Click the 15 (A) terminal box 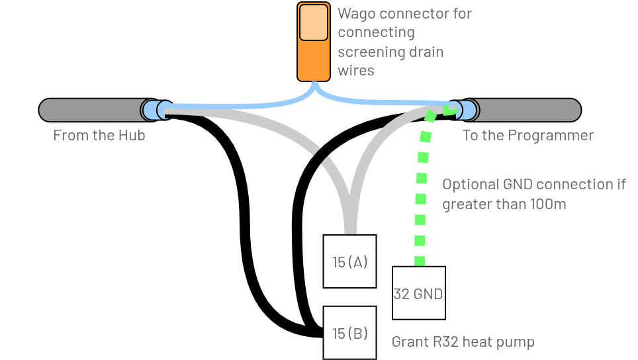coord(349,261)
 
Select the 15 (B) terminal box coord(349,332)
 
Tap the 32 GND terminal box coord(418,293)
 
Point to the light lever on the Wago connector coord(313,22)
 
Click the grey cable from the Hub coord(89,110)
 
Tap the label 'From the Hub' coord(99,136)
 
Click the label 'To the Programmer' coord(527,136)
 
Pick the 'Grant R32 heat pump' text coord(463,342)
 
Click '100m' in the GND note coord(548,204)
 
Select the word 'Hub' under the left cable coord(132,136)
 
